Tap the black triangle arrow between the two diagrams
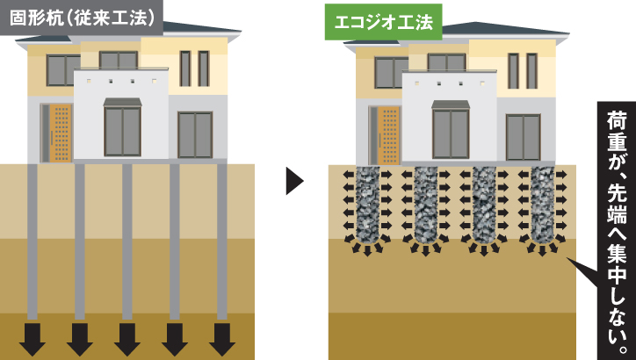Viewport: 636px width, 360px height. pos(295,181)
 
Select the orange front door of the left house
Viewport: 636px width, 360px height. pos(60,133)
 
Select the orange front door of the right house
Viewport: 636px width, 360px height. pos(387,135)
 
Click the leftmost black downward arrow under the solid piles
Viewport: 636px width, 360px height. pos(33,339)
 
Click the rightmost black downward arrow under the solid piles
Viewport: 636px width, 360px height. pos(222,339)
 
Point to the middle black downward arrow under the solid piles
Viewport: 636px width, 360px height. pos(127,339)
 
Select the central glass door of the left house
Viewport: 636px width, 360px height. pos(122,130)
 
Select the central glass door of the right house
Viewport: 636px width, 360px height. pos(450,133)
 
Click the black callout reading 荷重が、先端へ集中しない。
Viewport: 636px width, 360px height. pos(615,228)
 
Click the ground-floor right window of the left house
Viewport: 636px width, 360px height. pos(195,133)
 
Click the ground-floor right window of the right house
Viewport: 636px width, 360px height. pos(523,136)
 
